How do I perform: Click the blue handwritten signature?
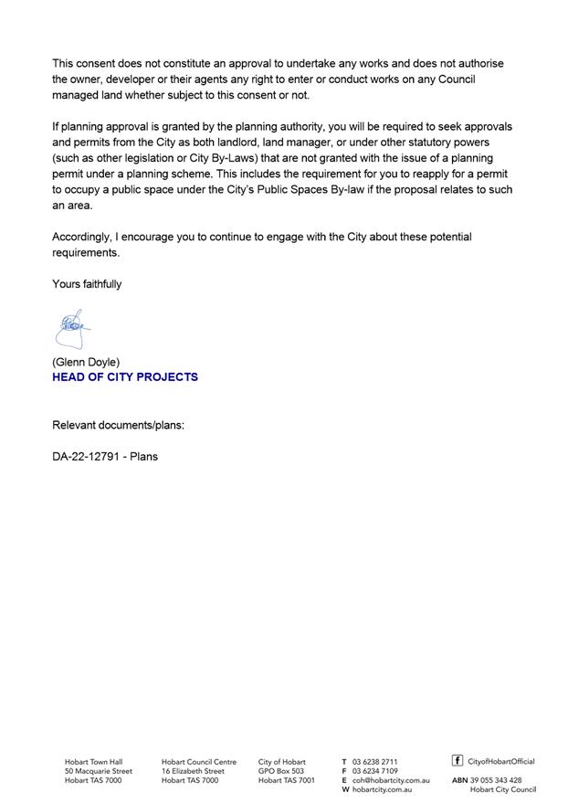[x=71, y=328]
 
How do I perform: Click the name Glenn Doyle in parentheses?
[x=86, y=362]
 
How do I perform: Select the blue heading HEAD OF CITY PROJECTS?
[x=125, y=376]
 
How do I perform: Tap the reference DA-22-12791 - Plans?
[x=105, y=456]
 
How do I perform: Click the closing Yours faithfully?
[x=87, y=284]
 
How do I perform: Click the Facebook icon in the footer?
[x=458, y=760]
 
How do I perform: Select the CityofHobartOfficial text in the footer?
[x=501, y=761]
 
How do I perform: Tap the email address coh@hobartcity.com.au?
[x=391, y=780]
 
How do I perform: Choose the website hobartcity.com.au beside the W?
[x=382, y=789]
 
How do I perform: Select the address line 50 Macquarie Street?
[x=98, y=771]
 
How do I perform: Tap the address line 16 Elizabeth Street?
[x=193, y=771]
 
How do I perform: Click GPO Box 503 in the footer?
[x=281, y=771]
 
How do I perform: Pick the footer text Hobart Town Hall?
[x=93, y=761]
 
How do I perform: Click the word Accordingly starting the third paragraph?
[x=81, y=237]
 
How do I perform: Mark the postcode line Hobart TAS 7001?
[x=286, y=780]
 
